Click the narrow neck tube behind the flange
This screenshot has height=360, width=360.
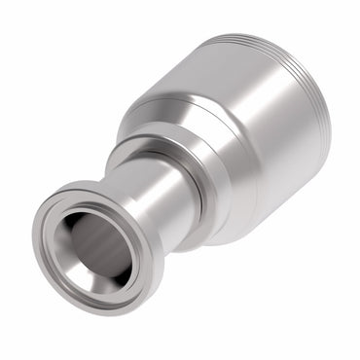161,195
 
